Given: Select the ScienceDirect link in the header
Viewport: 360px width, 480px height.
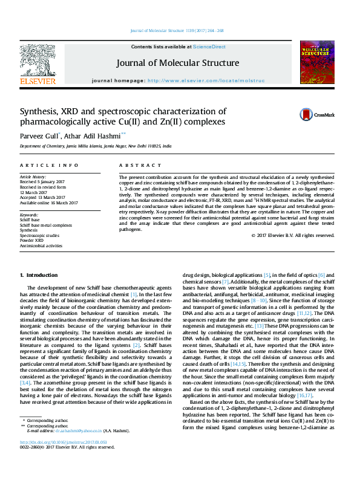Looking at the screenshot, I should (x=209, y=47).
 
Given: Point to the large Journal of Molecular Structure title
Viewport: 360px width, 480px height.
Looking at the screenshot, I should (x=178, y=63).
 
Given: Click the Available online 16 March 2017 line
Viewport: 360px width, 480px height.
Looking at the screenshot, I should (x=53, y=203).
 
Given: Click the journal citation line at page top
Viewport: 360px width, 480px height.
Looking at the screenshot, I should (x=177, y=30).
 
